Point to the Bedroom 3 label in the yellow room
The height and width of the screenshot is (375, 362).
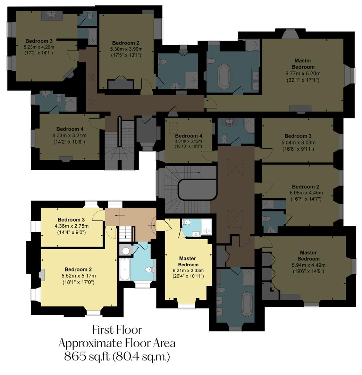71,220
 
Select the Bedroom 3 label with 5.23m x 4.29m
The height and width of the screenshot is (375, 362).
39,41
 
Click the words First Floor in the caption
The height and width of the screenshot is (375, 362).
117,329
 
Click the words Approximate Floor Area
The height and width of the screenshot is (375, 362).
117,343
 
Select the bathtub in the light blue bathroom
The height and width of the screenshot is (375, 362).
124,269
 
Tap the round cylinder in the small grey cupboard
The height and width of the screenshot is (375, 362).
126,250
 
